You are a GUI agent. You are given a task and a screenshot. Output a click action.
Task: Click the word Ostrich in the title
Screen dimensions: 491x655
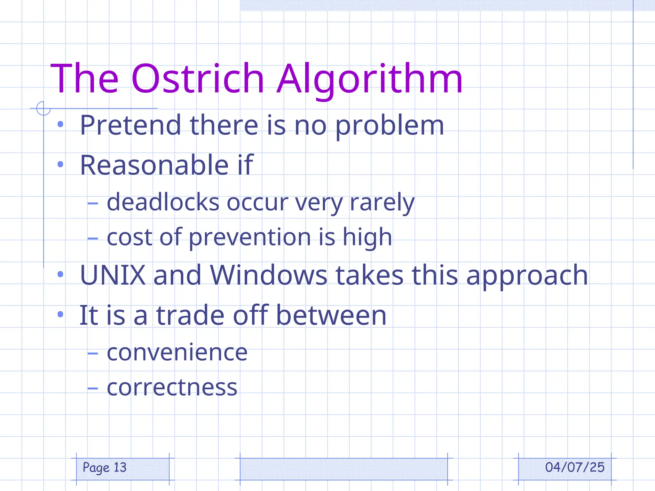tap(198, 79)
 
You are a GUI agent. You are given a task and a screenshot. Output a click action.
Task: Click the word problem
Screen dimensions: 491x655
tap(390, 126)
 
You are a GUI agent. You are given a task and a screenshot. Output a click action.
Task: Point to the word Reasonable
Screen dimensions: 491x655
tap(154, 165)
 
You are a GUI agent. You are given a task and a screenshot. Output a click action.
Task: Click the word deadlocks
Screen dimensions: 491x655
tap(163, 202)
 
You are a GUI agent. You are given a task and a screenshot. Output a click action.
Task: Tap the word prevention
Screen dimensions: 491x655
tap(250, 238)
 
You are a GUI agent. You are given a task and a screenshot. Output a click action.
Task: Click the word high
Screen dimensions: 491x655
tap(367, 238)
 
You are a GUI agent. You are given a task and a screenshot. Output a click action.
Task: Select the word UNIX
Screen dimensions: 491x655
tap(113, 275)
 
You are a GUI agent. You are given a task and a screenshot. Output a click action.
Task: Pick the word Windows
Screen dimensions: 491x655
tap(268, 275)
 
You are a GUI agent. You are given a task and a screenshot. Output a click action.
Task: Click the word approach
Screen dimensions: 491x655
tap(527, 276)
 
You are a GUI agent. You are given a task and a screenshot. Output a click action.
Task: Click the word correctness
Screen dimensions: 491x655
tap(172, 387)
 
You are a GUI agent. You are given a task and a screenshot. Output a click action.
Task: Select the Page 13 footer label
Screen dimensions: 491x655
tap(105, 467)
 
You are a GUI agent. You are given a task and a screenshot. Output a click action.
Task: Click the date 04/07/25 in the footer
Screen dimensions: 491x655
tap(574, 467)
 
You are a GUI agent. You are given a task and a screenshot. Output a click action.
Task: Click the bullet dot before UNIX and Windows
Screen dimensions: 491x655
tap(60, 274)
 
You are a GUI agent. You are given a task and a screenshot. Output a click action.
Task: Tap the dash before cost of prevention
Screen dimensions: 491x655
tap(92, 238)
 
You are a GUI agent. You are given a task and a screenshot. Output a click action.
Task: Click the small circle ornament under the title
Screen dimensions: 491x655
tap(43, 108)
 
